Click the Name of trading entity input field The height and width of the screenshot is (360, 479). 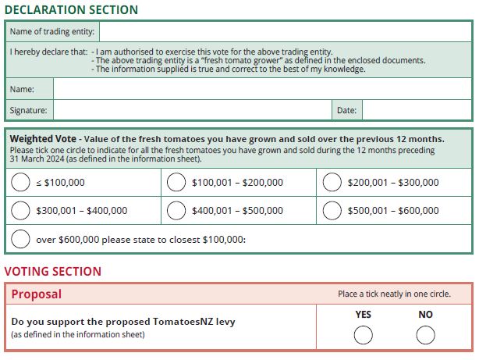coord(285,32)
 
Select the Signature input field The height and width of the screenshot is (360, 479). coord(191,110)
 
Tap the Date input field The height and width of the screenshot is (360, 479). coord(417,110)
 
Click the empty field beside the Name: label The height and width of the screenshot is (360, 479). coord(262,90)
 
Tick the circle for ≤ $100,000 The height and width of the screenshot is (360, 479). coord(21,183)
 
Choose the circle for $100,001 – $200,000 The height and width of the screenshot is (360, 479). coord(176,183)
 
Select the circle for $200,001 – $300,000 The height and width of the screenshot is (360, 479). coord(332,183)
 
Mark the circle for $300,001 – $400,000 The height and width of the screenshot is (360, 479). coord(21,210)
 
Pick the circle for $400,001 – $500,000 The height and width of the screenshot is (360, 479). coord(176,210)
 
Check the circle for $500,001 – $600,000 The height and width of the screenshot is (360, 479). coord(332,210)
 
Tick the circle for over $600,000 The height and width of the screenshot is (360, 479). coord(21,239)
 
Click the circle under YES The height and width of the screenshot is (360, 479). coord(364,335)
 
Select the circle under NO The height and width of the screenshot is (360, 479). coord(425,335)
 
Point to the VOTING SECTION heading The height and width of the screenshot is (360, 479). coord(53,272)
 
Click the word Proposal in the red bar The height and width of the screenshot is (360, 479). coord(37,294)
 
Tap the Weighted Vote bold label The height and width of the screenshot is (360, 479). coord(42,139)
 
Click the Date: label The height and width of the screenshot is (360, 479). coord(346,111)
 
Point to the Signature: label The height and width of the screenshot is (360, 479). coord(28,111)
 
